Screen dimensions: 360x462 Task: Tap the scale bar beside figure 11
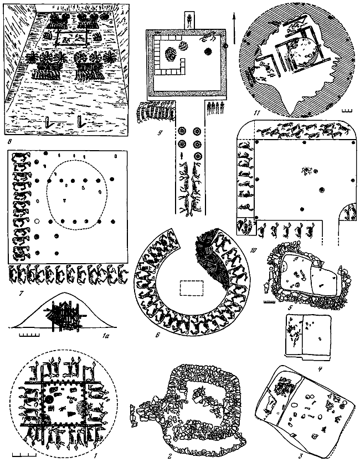point(348,111)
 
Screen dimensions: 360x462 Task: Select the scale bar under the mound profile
point(29,335)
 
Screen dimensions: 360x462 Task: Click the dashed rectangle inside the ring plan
point(192,288)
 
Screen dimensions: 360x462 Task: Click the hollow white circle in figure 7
point(37,221)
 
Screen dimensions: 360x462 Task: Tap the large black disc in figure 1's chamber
point(49,400)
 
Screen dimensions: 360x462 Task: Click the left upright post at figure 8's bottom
point(48,122)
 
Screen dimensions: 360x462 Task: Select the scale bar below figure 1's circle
point(22,456)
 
